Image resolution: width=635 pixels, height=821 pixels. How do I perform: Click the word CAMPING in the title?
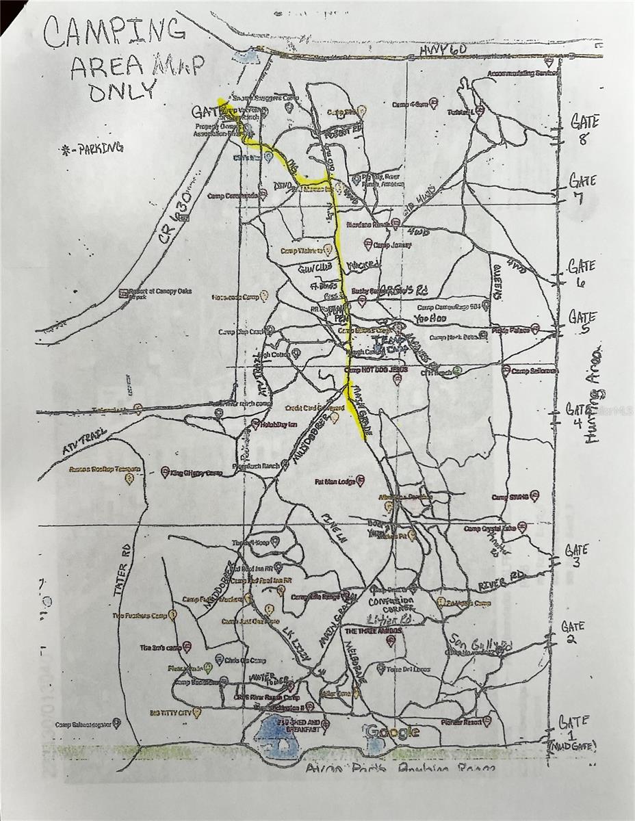click(114, 33)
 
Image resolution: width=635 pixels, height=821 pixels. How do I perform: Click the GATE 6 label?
click(581, 273)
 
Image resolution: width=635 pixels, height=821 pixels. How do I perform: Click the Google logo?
click(393, 732)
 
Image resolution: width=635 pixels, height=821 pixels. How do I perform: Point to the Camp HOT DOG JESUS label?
click(376, 369)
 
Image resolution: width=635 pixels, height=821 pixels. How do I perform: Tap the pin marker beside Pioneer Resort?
click(487, 721)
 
